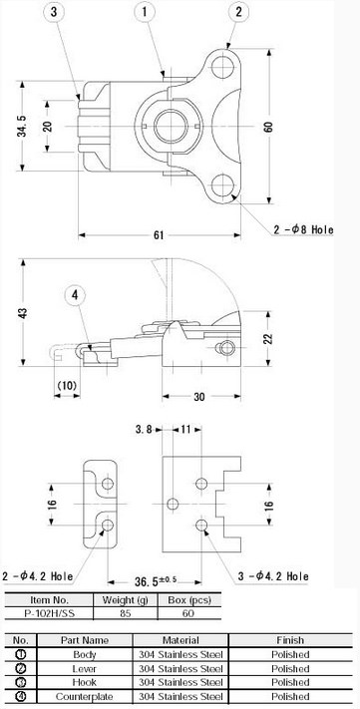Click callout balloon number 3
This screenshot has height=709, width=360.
coord(54,13)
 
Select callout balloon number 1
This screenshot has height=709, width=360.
coord(145,12)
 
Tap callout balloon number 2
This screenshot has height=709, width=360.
coord(239,12)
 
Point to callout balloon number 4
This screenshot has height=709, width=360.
coord(75,296)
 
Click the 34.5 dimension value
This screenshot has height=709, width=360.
coord(22,126)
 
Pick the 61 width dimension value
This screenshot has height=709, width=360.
coord(159,235)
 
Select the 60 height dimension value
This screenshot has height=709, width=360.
coord(268,127)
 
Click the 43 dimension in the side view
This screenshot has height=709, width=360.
coord(23,313)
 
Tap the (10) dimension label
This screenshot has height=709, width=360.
coord(68,386)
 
